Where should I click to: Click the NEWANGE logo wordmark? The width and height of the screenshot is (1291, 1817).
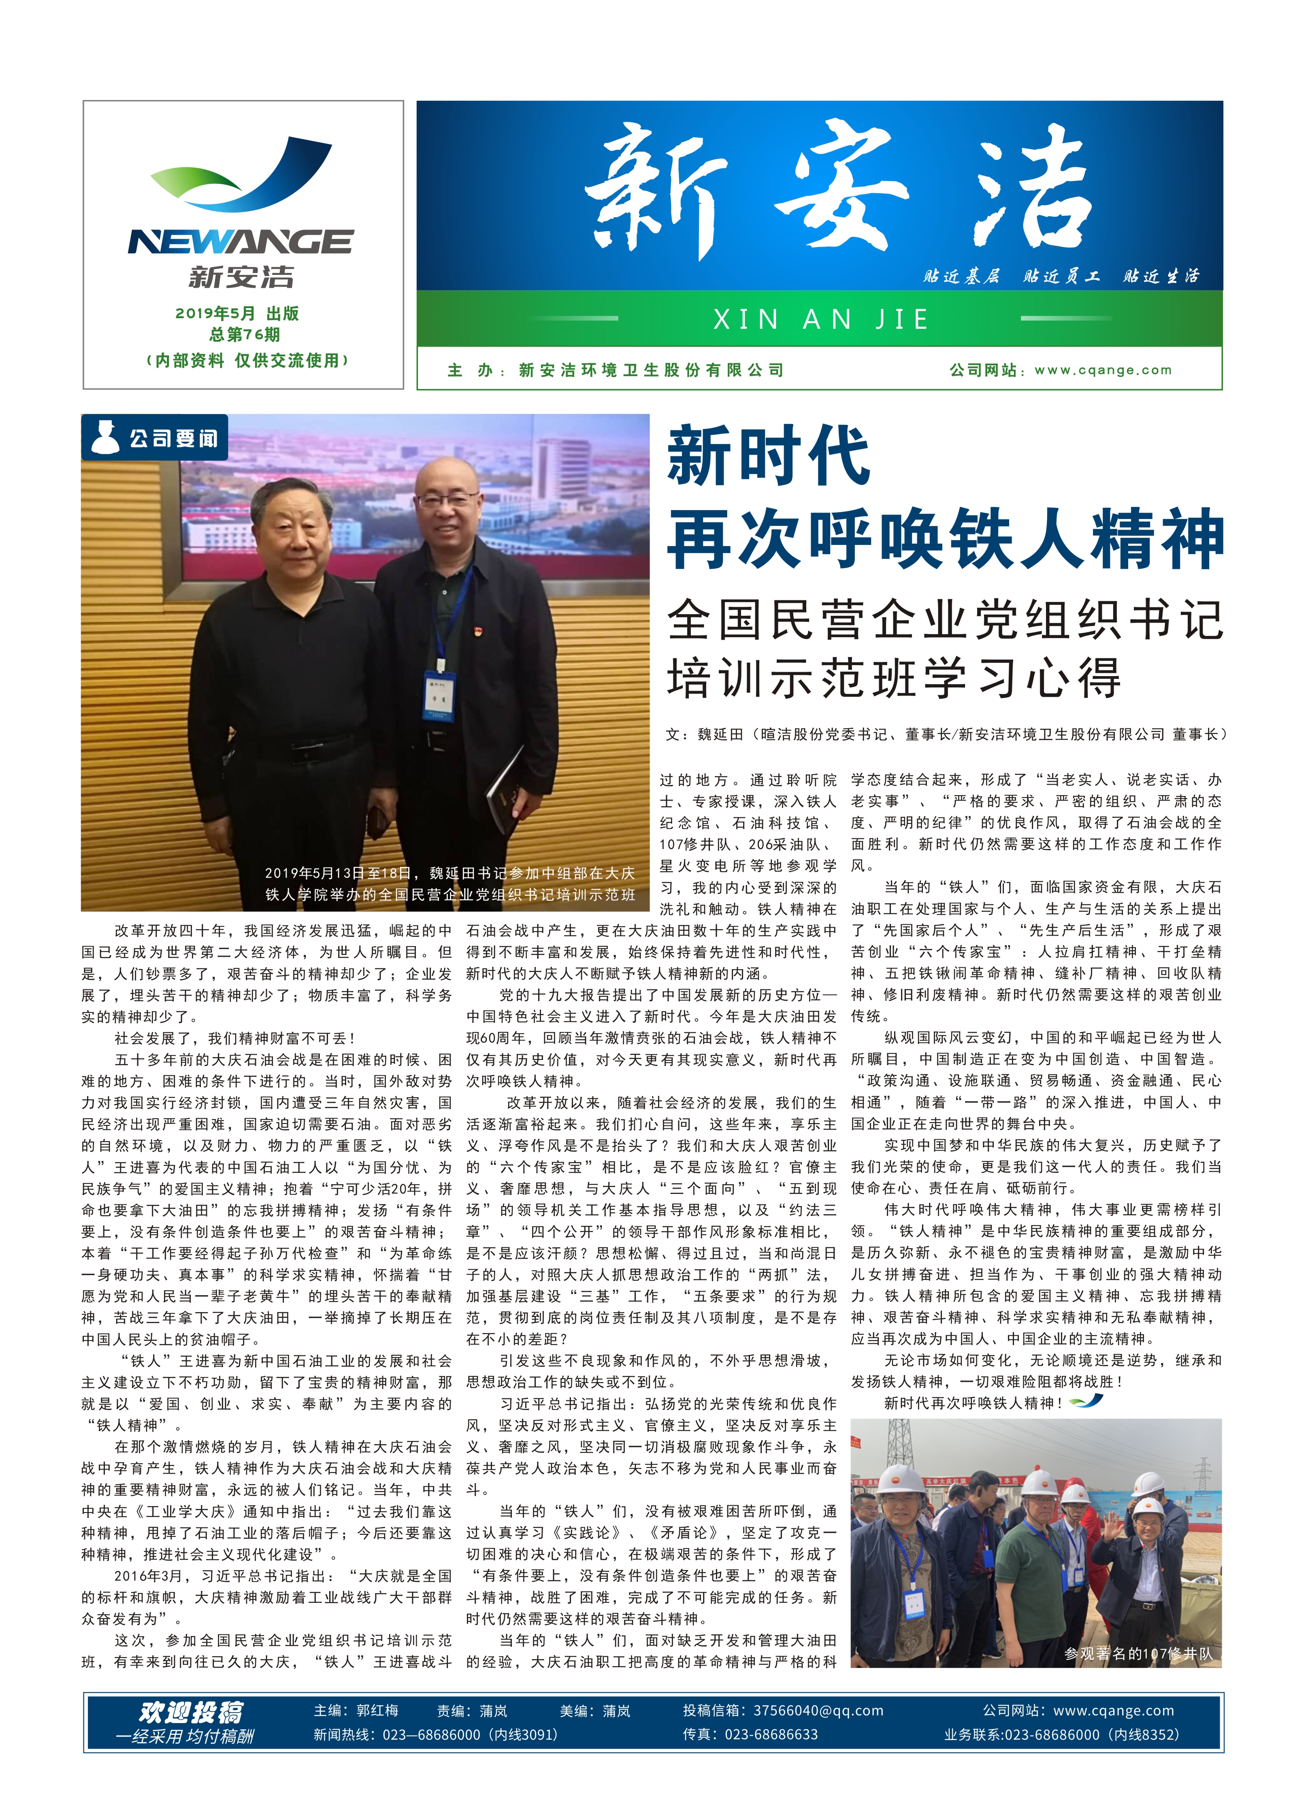coord(240,242)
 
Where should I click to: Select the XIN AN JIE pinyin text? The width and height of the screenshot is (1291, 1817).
coord(820,319)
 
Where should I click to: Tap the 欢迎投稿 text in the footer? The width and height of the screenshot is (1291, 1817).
coord(192,1712)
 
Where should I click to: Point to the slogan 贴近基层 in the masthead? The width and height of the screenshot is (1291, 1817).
coord(960,277)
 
